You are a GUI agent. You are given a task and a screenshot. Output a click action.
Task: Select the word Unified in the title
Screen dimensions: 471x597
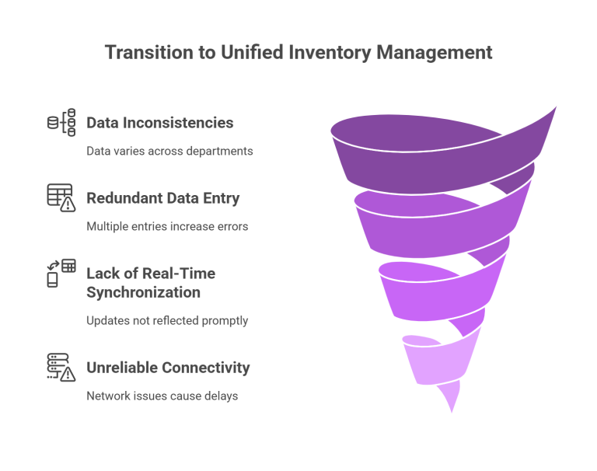coord(251,53)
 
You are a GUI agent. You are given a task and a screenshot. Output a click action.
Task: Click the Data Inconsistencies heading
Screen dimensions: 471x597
coord(159,123)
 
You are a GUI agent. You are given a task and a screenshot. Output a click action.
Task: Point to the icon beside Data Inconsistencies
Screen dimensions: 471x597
coord(61,123)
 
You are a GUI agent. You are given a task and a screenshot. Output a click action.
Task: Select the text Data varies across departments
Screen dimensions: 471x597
coord(169,151)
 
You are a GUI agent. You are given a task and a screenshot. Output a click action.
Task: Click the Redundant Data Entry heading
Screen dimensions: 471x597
coord(162,198)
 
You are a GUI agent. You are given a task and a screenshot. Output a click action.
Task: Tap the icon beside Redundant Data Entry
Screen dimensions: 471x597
coord(61,198)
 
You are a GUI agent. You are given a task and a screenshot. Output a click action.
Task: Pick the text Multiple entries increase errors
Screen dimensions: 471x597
coord(167,226)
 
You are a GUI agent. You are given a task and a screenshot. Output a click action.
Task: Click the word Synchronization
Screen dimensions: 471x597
coord(143,292)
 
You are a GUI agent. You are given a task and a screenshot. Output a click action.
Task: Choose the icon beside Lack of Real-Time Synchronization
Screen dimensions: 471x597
coord(61,273)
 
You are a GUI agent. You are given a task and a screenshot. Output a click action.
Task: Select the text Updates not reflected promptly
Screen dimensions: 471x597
coord(167,320)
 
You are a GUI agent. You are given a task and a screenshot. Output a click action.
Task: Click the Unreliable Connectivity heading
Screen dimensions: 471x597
coord(168,368)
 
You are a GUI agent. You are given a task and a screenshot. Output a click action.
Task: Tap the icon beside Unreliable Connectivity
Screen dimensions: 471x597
coord(61,368)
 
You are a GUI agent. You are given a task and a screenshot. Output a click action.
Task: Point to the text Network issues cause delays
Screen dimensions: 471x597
coord(162,396)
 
